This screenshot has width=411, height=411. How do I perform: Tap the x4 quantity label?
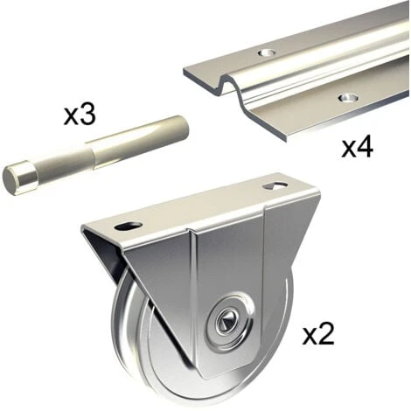tap(357, 148)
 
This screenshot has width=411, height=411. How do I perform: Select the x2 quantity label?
tap(318, 335)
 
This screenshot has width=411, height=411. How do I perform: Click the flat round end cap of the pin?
tap(12, 178)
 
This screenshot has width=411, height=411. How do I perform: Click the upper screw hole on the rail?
tap(267, 53)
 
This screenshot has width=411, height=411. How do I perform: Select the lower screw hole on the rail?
tap(348, 98)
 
